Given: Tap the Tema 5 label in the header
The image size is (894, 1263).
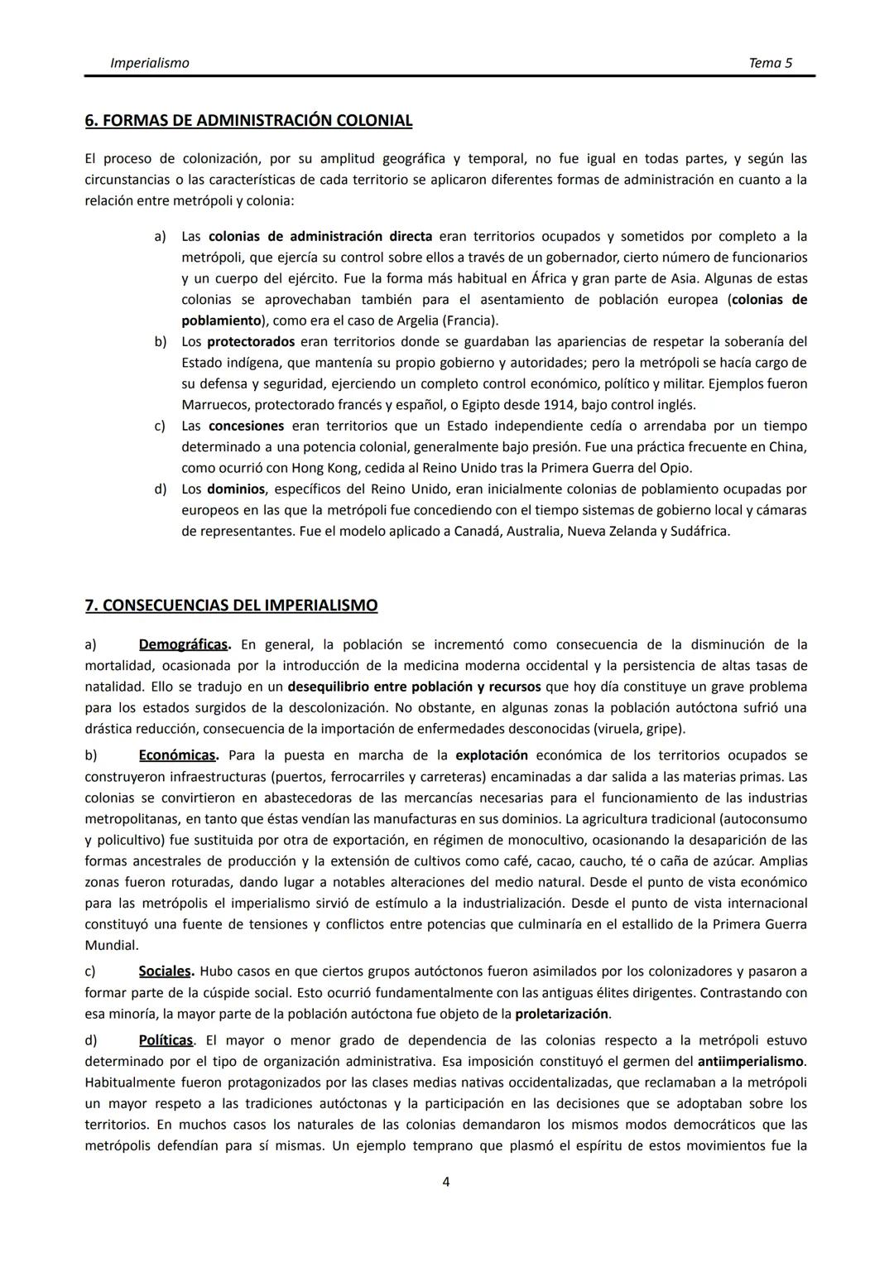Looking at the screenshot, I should tap(770, 63).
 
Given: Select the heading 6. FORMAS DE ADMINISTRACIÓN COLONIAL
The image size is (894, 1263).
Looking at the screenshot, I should tap(248, 121).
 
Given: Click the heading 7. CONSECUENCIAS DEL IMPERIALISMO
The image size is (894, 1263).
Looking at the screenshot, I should tap(231, 605).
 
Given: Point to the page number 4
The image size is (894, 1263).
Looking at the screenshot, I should tap(446, 1182).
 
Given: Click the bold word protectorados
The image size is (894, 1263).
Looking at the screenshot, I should tap(251, 342).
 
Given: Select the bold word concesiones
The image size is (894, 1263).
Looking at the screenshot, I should tap(246, 427).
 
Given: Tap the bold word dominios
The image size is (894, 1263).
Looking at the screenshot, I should tap(236, 489).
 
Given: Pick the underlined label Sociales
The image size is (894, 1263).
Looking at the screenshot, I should tap(166, 971).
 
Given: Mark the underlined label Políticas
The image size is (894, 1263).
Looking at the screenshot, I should tap(166, 1040).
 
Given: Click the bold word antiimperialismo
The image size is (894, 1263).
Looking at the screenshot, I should tap(751, 1062).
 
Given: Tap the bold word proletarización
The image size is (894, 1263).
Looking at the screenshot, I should tap(562, 1014).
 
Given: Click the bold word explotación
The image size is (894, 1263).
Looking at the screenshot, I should tap(492, 755).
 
